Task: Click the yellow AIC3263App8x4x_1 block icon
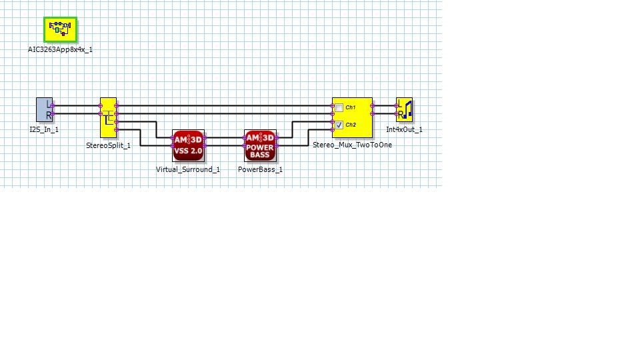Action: point(61,29)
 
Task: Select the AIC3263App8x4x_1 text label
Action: point(60,49)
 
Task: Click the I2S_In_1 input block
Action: point(44,110)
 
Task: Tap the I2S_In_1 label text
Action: point(44,129)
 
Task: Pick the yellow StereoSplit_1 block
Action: point(108,117)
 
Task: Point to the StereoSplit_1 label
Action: point(108,145)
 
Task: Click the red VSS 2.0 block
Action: point(189,145)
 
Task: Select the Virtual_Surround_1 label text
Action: point(188,169)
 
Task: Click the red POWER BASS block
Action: point(260,145)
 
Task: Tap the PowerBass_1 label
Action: point(260,169)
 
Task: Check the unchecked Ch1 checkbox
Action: point(339,108)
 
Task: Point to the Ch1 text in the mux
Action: point(351,108)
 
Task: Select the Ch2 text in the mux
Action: point(351,125)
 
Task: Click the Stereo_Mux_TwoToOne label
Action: point(352,145)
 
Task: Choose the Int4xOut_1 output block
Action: point(404,110)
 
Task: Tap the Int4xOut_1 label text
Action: point(404,129)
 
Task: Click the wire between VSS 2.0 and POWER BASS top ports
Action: point(225,138)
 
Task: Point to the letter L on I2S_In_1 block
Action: point(48,103)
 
